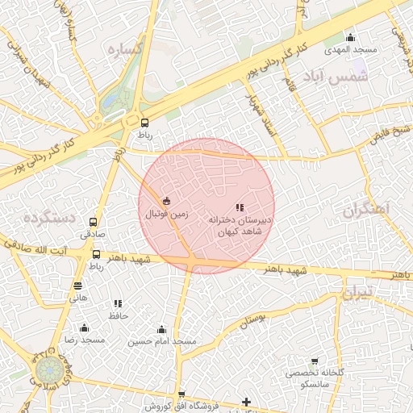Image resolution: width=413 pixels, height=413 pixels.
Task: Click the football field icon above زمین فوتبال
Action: click(166, 201)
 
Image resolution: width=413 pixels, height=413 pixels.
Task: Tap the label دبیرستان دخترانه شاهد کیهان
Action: click(240, 225)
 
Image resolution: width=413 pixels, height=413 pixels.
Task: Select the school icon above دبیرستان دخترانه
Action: click(240, 207)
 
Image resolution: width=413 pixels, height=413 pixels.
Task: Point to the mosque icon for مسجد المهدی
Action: click(350, 37)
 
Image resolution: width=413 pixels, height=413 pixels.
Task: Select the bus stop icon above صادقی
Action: click(93, 222)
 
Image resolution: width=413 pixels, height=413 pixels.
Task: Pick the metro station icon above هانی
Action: click(77, 285)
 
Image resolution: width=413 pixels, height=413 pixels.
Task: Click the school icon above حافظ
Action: click(119, 303)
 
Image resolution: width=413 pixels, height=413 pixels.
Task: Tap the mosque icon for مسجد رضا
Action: click(84, 327)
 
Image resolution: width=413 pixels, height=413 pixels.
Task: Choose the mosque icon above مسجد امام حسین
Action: click(161, 329)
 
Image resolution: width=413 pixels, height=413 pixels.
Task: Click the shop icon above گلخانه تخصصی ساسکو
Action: click(315, 362)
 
